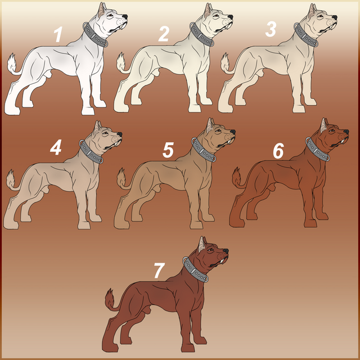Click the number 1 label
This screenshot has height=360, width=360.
[58, 34]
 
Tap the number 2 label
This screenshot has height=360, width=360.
[164, 34]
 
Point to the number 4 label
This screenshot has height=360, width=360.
[56, 147]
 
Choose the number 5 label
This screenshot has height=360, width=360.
[168, 150]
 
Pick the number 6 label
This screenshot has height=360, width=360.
[278, 151]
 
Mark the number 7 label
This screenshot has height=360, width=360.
[159, 271]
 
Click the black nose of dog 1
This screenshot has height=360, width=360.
[125, 17]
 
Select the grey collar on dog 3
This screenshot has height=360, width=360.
[306, 35]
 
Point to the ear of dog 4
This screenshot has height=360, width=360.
[97, 127]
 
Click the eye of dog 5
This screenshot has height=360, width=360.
[218, 131]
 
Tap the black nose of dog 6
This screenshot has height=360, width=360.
[346, 132]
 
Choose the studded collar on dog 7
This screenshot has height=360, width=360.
[195, 269]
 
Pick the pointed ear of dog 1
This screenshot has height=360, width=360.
[102, 10]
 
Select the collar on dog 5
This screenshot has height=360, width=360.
[204, 150]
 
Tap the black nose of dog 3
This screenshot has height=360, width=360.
[335, 17]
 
